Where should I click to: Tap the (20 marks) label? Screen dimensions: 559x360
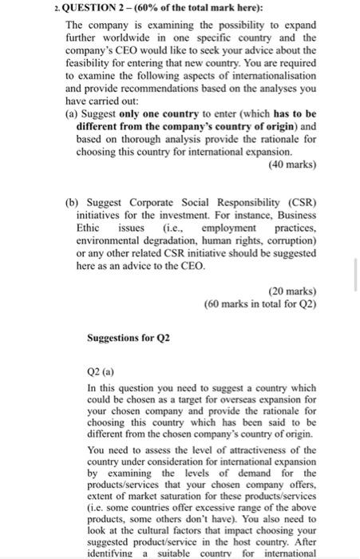click(292, 291)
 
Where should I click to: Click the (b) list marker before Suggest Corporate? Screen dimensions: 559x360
click(70, 204)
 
